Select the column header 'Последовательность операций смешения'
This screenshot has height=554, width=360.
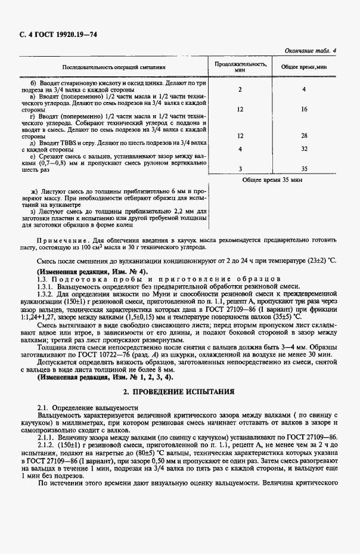[x=113, y=68]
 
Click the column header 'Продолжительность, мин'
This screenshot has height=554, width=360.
[x=240, y=66]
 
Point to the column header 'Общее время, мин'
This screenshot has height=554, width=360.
[x=304, y=66]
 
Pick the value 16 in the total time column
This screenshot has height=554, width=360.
[x=304, y=109]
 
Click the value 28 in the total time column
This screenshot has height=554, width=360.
[x=304, y=136]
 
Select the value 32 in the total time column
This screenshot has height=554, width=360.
[x=304, y=148]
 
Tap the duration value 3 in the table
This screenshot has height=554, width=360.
[x=240, y=169]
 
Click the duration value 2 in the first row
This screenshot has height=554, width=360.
[x=240, y=89]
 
